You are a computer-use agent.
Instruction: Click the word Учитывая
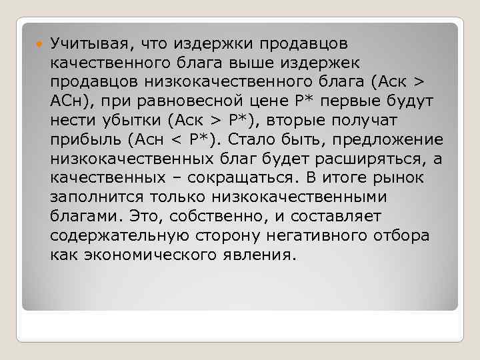(87, 44)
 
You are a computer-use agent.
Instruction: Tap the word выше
(257, 63)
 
